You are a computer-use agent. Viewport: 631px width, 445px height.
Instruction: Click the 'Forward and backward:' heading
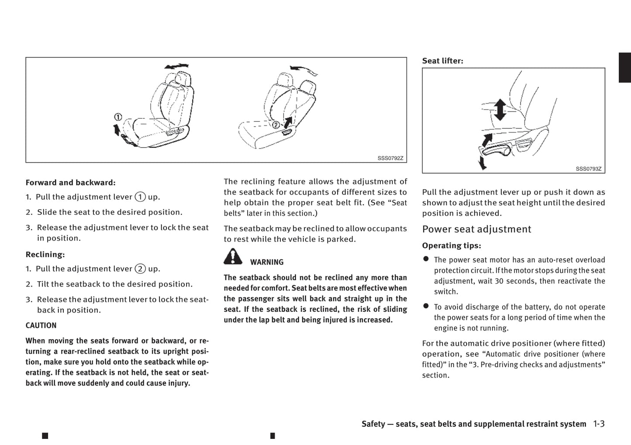(70, 183)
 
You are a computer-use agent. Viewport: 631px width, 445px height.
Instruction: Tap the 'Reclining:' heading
(45, 254)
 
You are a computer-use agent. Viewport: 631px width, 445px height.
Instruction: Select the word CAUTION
(41, 325)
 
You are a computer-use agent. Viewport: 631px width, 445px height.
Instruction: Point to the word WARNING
(267, 262)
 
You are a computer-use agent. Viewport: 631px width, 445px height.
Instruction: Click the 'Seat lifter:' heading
(442, 61)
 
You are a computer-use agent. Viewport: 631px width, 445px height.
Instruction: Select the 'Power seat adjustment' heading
(476, 229)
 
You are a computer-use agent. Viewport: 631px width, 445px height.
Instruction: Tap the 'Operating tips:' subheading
(452, 245)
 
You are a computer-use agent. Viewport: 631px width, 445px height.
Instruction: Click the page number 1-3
(599, 424)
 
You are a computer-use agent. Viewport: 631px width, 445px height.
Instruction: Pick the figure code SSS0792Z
(390, 159)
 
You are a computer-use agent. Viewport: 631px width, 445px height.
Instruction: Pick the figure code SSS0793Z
(588, 169)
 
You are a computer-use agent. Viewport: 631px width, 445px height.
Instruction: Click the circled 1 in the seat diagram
(118, 117)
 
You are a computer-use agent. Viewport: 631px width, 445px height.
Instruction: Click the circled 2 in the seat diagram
(276, 125)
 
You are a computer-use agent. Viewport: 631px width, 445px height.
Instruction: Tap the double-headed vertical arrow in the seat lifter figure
(500, 110)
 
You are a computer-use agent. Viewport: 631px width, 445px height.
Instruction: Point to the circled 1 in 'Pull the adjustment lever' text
(140, 197)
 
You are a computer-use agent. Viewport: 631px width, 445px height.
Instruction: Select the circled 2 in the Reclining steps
(140, 269)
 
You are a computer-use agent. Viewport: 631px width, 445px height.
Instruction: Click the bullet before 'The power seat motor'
(426, 259)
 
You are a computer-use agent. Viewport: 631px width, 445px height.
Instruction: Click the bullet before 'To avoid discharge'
(426, 306)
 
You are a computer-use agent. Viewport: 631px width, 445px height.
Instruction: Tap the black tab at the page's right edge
(625, 67)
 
